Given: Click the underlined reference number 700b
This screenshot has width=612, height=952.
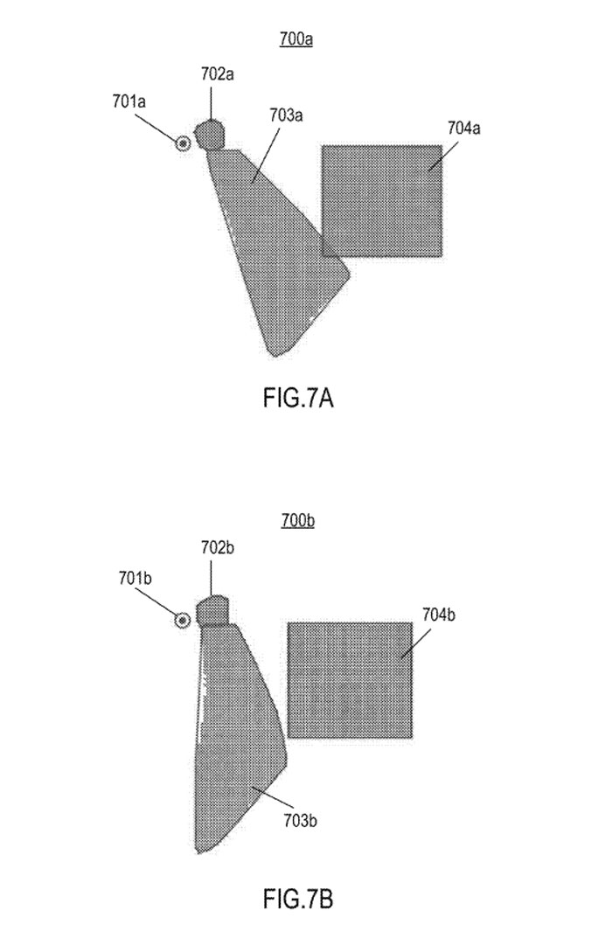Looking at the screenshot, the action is point(297,521).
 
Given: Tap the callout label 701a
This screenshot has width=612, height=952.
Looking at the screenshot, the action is point(129,101).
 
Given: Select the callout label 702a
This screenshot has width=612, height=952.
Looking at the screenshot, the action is point(218,74).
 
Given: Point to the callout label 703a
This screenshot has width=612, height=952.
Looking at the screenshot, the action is point(286,115).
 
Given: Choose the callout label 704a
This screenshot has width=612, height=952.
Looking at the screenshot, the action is point(464,129).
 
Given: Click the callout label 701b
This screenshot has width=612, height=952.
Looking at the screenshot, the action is point(135,579).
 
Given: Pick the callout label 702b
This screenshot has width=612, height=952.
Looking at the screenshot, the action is point(218,547).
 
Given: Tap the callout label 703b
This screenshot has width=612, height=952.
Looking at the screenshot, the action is point(300,821).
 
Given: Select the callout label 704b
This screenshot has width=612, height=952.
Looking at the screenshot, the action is point(438,615).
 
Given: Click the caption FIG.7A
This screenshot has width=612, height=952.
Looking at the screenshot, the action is point(298,399).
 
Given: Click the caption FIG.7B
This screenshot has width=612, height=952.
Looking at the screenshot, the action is point(298,899).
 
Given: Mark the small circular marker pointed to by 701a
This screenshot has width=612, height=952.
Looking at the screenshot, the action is point(183,144).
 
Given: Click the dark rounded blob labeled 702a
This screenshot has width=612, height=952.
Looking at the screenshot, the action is point(210,135).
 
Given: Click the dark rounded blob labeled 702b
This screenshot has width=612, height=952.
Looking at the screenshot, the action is point(212,611).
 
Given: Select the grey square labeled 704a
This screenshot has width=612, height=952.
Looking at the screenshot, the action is point(382,201).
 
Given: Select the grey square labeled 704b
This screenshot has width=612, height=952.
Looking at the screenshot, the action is point(350,680).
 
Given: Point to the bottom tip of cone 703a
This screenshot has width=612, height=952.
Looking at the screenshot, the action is point(275,356).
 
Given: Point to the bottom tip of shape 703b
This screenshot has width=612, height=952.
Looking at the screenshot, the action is point(198,852).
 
